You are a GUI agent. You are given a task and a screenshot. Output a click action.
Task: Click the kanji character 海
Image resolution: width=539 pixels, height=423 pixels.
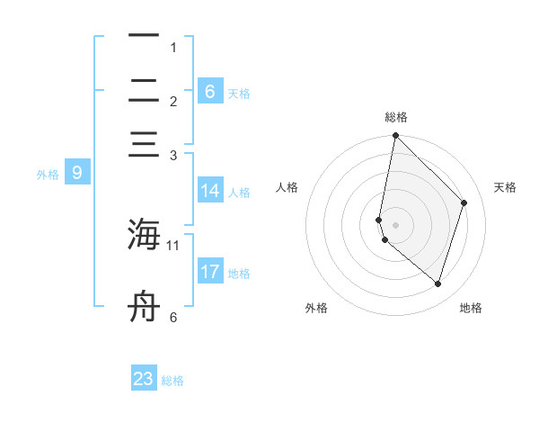click(144, 235)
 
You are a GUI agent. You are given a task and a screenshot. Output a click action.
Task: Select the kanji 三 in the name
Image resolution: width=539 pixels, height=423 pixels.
click(144, 147)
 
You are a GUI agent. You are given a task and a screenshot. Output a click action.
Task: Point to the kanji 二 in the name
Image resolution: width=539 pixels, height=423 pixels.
click(144, 91)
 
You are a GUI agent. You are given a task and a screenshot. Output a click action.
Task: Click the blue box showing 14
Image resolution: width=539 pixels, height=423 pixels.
click(210, 191)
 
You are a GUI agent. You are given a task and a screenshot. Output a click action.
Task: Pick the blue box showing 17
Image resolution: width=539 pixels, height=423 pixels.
click(210, 272)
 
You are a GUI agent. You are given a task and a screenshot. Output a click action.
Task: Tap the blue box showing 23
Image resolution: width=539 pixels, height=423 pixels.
click(144, 379)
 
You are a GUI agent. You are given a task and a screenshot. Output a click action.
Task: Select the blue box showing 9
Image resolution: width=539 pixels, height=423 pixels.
click(76, 173)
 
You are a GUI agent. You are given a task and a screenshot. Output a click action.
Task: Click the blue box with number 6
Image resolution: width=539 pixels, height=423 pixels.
click(210, 91)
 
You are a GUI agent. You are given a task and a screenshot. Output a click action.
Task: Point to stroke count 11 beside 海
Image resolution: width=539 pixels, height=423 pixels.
click(173, 244)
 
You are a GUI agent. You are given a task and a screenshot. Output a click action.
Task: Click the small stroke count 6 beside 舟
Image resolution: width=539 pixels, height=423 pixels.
click(173, 317)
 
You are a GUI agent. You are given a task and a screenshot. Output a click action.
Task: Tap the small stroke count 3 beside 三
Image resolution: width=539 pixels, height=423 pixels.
click(173, 155)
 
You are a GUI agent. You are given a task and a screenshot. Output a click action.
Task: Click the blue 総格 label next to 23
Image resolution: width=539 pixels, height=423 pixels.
click(172, 381)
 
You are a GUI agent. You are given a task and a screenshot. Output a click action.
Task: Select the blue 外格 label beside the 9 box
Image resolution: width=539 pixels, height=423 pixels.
click(48, 175)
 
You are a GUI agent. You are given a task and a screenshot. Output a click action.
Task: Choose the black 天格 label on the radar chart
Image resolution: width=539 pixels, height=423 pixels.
click(505, 187)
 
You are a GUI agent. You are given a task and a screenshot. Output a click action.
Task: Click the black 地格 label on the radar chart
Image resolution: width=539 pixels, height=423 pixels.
click(471, 308)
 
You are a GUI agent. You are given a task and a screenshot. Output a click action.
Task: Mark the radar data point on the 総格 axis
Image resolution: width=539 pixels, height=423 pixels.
click(395, 136)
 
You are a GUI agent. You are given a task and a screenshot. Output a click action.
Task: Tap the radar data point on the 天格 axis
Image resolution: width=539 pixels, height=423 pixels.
click(464, 202)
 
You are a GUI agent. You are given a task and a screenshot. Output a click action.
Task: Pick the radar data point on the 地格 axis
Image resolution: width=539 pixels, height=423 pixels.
click(438, 283)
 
